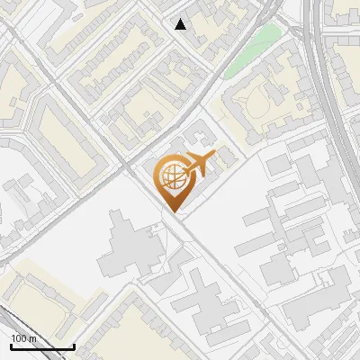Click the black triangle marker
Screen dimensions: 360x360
pos(181,24)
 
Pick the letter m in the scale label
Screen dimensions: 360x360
pos(32,338)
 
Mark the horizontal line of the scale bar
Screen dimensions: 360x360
pos(42,346)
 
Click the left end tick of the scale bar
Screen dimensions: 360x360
pos(11,345)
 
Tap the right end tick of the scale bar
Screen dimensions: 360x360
pos(74,345)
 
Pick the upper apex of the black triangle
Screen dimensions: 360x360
pos(181,19)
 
